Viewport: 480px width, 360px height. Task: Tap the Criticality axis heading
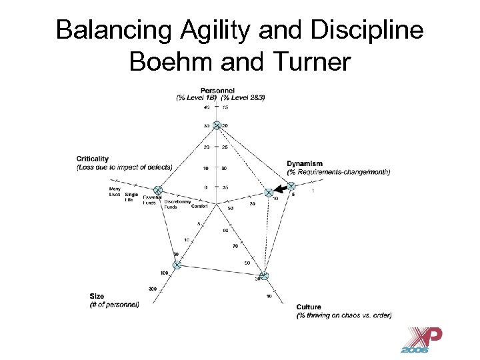click(93, 159)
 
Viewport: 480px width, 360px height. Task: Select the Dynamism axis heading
click(305, 163)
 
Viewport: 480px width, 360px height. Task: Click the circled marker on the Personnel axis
click(217, 125)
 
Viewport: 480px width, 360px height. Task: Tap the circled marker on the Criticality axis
click(158, 191)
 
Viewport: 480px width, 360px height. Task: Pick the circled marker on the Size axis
click(177, 265)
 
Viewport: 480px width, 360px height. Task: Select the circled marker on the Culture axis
click(264, 276)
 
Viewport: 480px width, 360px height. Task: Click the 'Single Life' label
click(131, 197)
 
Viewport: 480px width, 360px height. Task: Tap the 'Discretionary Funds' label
click(177, 203)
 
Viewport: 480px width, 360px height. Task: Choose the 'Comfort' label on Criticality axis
click(199, 207)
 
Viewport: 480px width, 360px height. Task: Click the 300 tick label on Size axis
click(153, 288)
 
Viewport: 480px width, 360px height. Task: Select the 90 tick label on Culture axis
click(225, 231)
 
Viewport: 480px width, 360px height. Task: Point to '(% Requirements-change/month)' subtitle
click(339, 172)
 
